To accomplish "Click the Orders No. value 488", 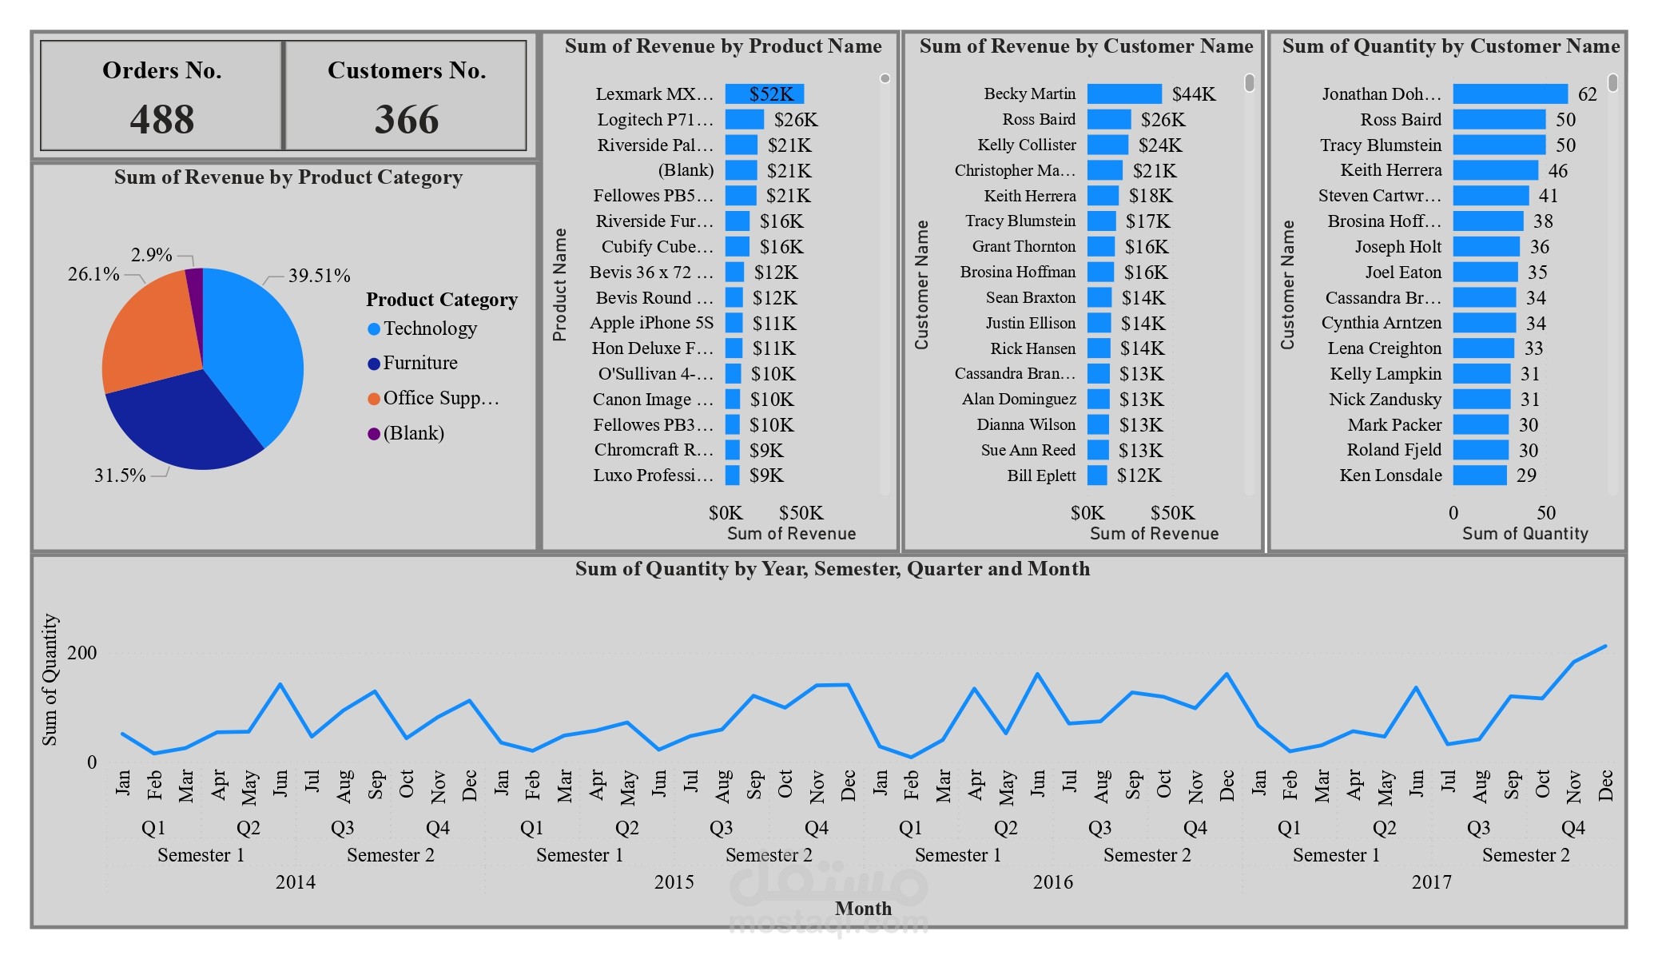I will point(162,120).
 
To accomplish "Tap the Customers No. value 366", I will point(407,120).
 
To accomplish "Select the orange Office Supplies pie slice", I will point(152,336).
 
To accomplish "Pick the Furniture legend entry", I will point(419,363).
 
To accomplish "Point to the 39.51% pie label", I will point(319,276).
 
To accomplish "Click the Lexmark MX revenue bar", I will point(764,94).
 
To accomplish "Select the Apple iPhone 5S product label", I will point(651,323).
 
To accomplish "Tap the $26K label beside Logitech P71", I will point(795,120).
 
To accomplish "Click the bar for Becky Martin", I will point(1124,94).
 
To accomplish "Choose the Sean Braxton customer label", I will point(1030,297).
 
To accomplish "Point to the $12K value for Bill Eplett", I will point(1139,476).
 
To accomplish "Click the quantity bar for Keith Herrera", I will point(1495,170).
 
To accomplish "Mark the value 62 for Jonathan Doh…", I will point(1587,94).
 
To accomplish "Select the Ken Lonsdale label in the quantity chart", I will point(1390,476).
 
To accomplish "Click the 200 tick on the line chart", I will point(82,653).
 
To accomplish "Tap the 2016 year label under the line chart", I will point(1052,881).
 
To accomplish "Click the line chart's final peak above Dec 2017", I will point(1605,647).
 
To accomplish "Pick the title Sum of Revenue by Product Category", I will point(288,177).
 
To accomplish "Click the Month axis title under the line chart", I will point(863,909).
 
